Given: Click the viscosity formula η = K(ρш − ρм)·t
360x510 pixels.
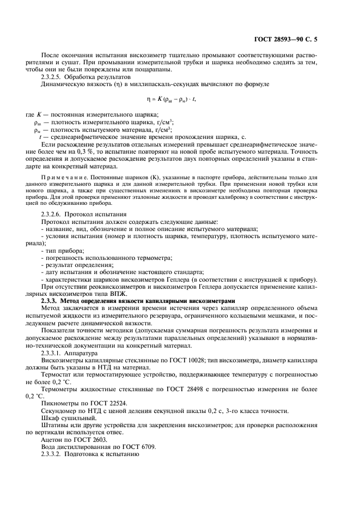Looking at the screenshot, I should (x=170, y=99).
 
